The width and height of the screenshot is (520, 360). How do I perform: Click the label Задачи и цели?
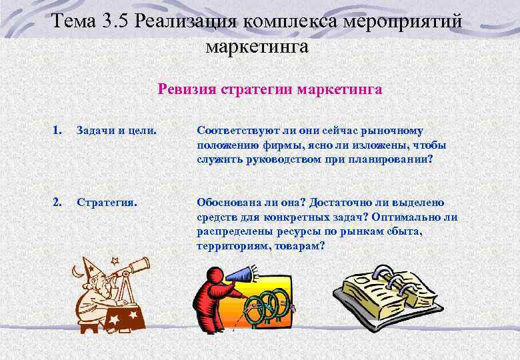[x=117, y=131]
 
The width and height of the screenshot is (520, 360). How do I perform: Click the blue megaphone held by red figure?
[x=241, y=273]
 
